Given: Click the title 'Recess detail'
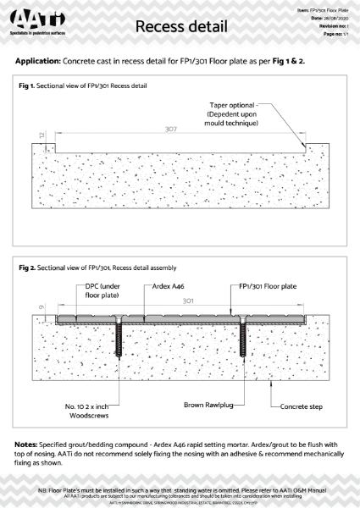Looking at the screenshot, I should pyautogui.click(x=179, y=29).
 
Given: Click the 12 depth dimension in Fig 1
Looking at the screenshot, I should pyautogui.click(x=30, y=135).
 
